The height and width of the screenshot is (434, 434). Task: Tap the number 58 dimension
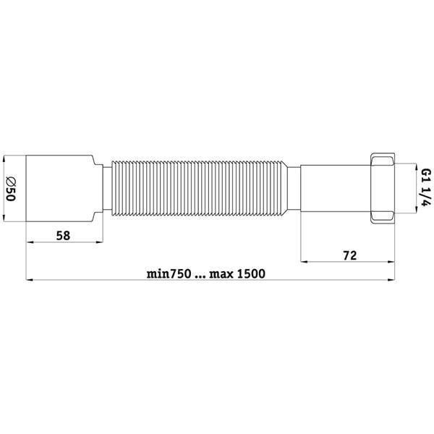[x=63, y=236]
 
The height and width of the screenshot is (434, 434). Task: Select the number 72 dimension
[x=350, y=255]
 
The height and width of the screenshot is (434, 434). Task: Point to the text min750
[x=169, y=273]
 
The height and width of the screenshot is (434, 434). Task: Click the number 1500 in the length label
[x=251, y=273]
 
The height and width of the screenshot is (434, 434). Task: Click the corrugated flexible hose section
[x=197, y=188]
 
